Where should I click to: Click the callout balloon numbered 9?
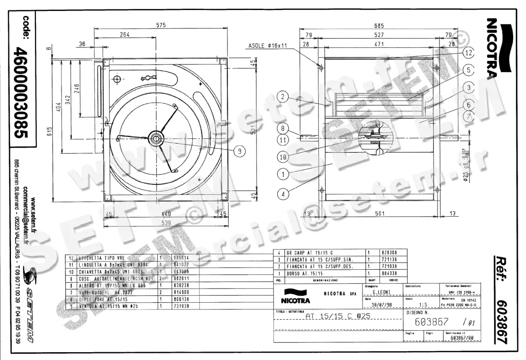tap(239, 151)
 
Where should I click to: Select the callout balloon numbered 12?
tap(468, 53)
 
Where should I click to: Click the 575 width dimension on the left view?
tap(161, 25)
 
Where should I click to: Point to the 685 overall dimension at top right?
tap(379, 25)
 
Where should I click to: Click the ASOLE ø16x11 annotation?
tap(267, 45)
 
